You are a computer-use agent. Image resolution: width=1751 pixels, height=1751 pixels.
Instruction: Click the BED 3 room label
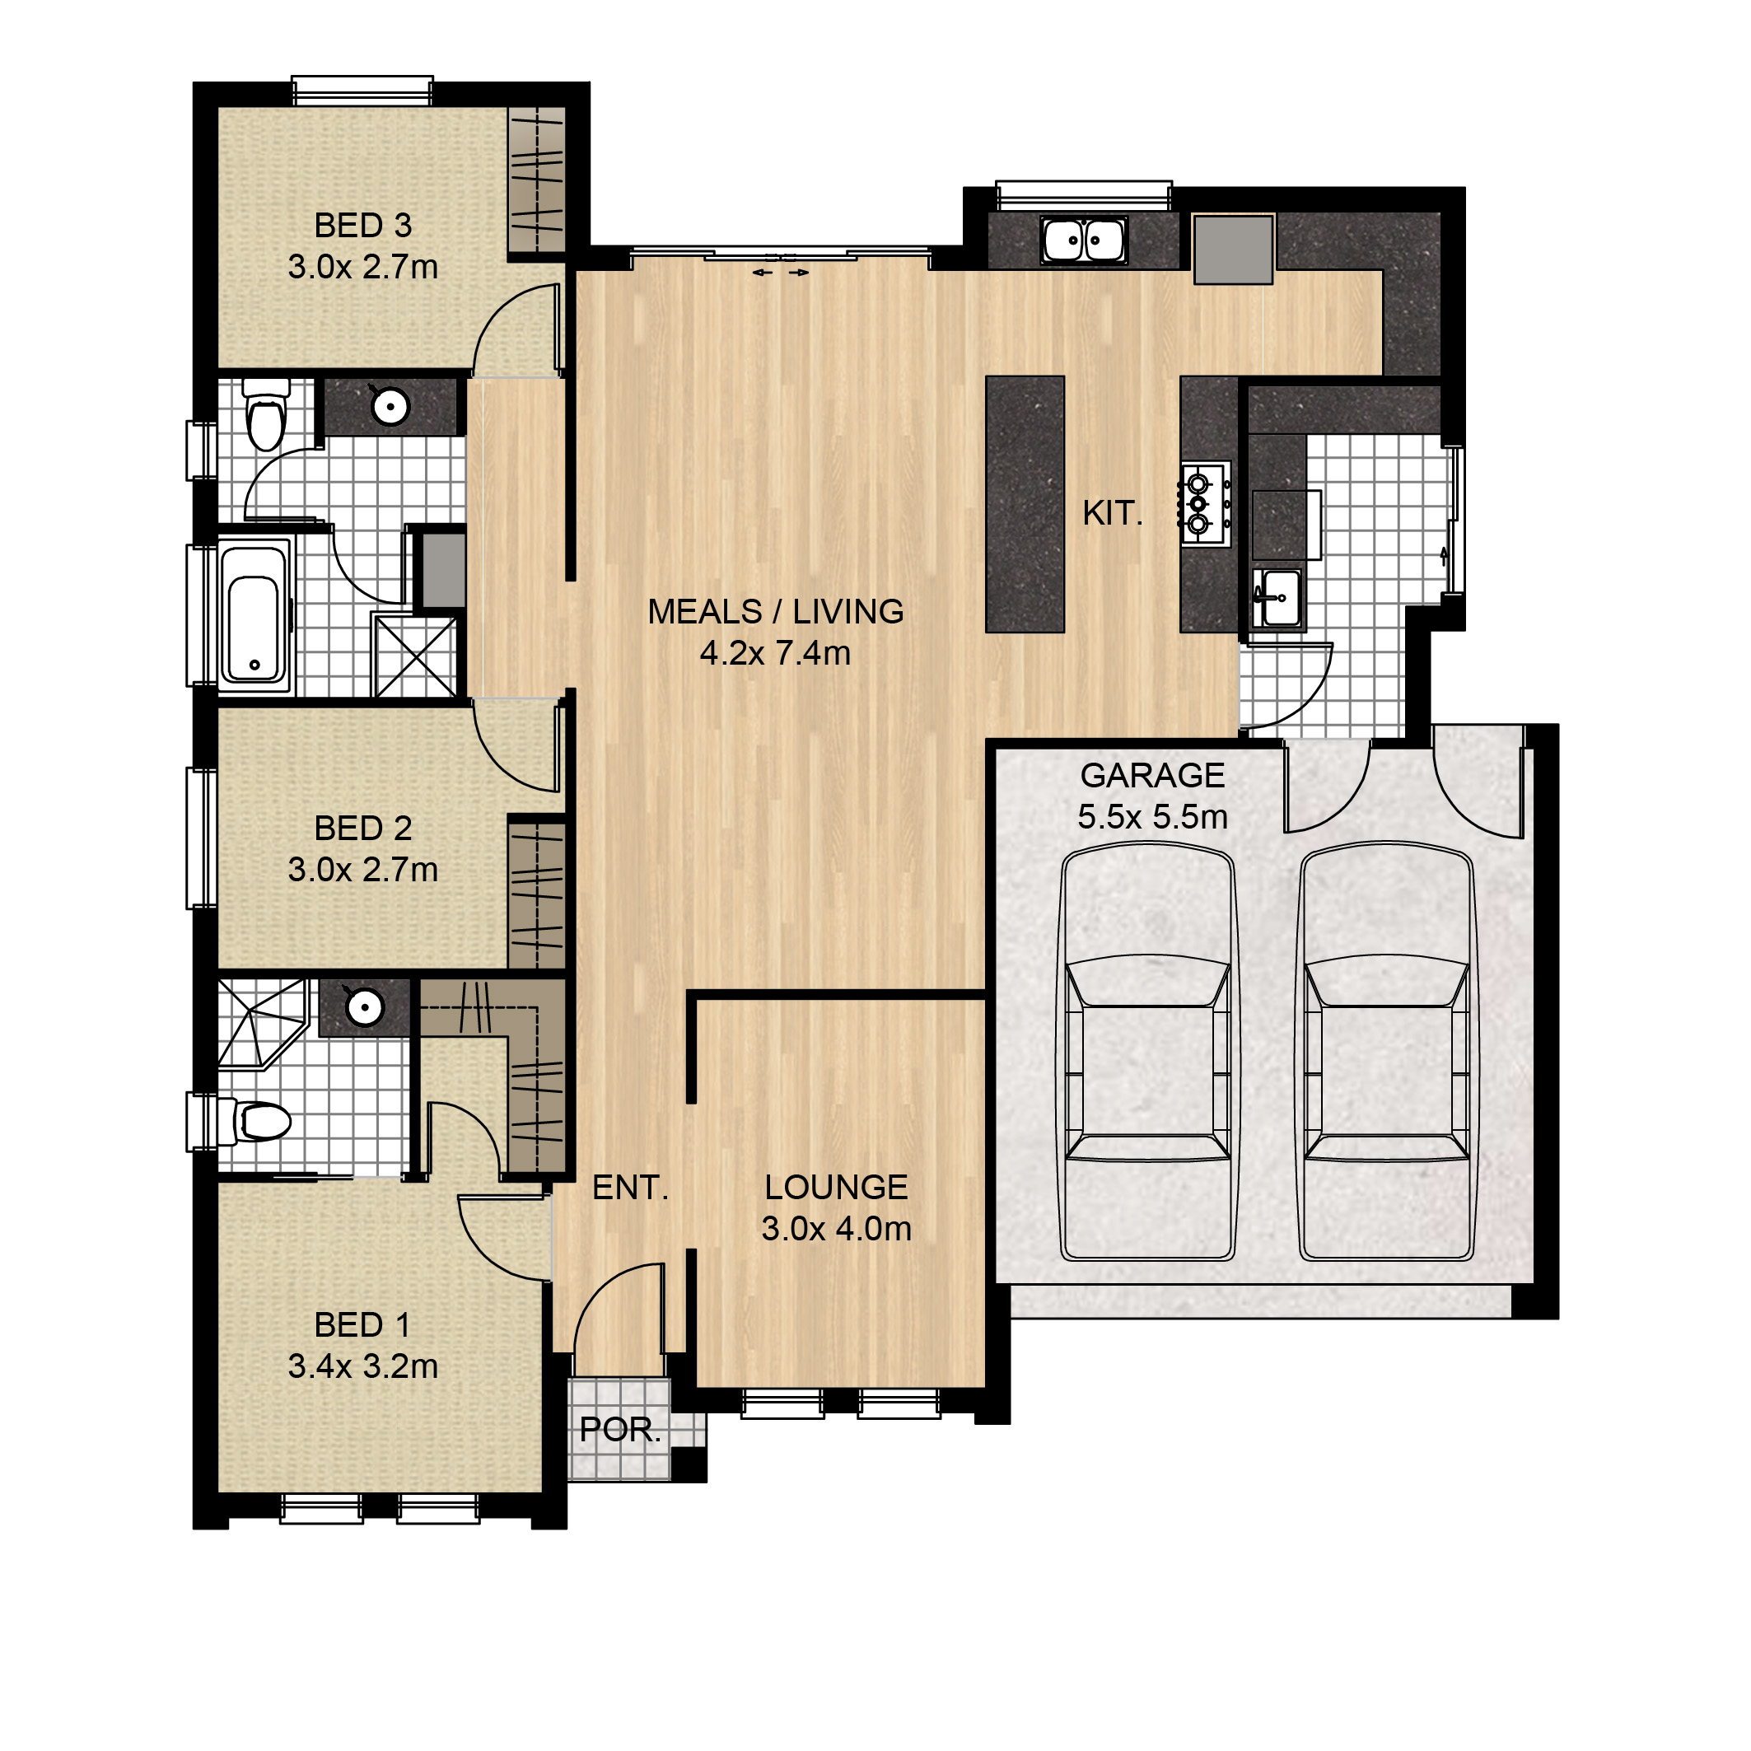[x=362, y=225]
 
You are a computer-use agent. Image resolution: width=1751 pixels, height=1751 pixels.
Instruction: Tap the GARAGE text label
[x=1152, y=776]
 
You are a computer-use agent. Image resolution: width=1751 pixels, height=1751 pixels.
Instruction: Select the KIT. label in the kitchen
[x=1112, y=513]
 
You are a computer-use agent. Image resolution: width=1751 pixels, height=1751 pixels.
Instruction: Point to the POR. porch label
[x=620, y=1429]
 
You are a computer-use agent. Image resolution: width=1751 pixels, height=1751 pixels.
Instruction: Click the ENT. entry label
[x=630, y=1188]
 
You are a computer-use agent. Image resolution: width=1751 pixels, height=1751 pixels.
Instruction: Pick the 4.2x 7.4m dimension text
[x=775, y=652]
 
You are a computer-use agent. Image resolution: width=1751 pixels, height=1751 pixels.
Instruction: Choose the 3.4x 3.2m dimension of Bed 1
[x=362, y=1366]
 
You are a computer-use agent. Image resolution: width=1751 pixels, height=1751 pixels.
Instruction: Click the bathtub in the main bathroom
[x=254, y=616]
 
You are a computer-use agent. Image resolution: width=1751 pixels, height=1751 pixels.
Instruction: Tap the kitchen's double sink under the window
[x=1083, y=241]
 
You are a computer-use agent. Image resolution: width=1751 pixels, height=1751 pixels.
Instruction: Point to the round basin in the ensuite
[x=365, y=1006]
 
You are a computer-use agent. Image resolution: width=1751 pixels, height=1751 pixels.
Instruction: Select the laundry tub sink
[x=1279, y=598]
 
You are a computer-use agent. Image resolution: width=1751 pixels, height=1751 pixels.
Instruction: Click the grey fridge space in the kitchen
[x=1233, y=250]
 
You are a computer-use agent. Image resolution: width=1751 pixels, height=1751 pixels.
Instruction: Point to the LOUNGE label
[x=836, y=1188]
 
